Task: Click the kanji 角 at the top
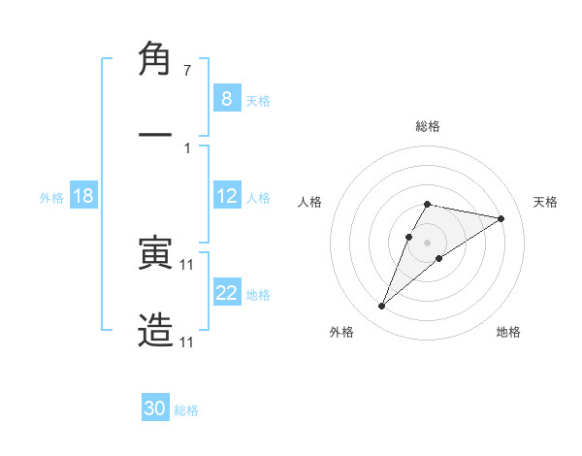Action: coord(155,60)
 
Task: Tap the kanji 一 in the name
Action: coord(155,136)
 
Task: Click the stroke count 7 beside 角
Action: coord(187,71)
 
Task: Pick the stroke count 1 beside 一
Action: coord(187,147)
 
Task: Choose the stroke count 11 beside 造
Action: coord(187,342)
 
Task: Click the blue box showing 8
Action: coord(226,98)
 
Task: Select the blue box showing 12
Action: coord(226,196)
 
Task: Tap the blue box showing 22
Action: coord(226,293)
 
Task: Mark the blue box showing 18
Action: coord(82,196)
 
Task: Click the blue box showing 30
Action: coord(155,408)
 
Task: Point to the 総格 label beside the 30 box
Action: coord(186,410)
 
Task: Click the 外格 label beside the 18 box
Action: coord(51,198)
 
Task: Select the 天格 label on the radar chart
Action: coord(545,202)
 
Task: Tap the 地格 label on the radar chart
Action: coord(508,332)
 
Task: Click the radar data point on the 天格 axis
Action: coord(501,218)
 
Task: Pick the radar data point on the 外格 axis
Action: coord(381,307)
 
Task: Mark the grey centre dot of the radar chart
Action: coord(427,242)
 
